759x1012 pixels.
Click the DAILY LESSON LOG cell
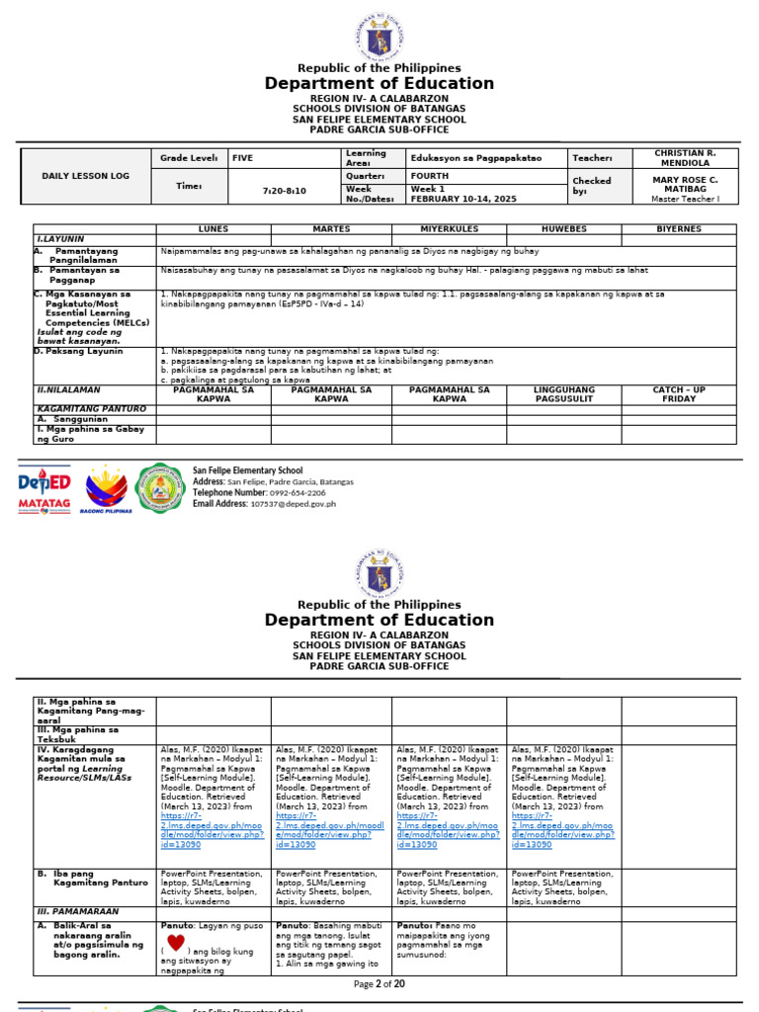coord(85,175)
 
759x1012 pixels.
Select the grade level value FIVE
coord(243,157)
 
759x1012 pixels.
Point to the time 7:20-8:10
coord(284,190)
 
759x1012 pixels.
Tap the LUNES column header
coord(212,228)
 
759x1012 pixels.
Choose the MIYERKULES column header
coord(449,228)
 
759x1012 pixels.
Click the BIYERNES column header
coord(679,228)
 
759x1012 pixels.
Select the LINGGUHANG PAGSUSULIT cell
coord(563,394)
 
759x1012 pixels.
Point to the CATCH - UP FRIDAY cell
coord(679,394)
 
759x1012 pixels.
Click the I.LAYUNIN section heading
coord(60,238)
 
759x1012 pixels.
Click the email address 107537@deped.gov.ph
coord(293,504)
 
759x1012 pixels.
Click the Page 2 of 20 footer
coord(379,984)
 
